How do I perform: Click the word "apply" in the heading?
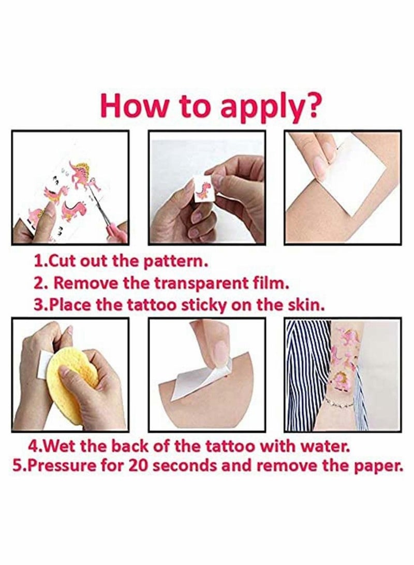point(260,108)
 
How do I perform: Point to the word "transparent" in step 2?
point(199,284)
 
